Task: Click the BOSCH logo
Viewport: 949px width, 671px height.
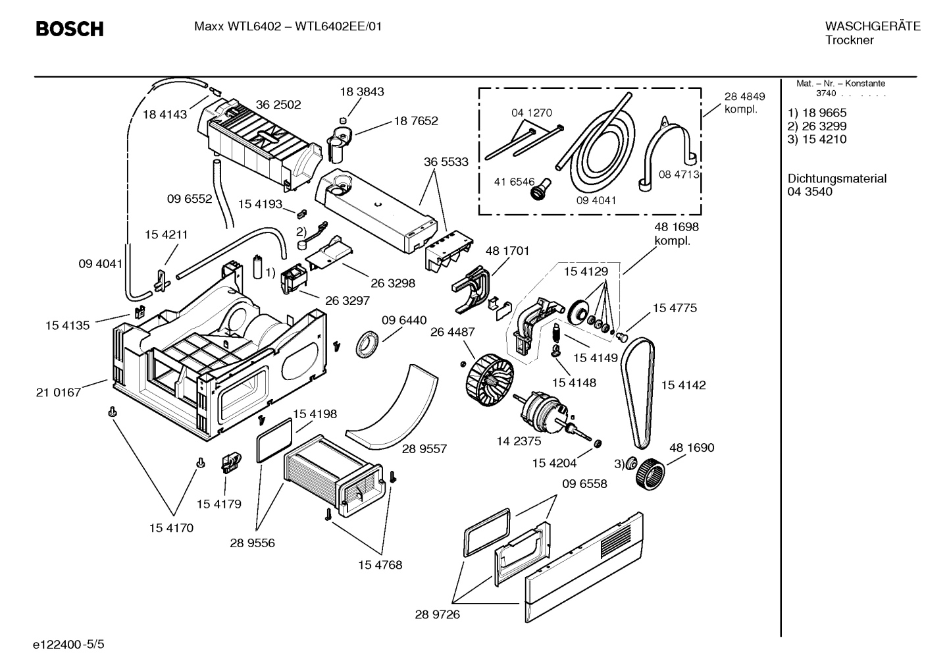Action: pyautogui.click(x=69, y=29)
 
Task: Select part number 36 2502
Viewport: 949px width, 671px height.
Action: pyautogui.click(x=278, y=105)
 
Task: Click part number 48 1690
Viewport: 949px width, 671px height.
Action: pyautogui.click(x=691, y=448)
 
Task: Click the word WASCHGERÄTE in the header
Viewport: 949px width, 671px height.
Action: pyautogui.click(x=873, y=27)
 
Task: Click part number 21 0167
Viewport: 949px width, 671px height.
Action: pyautogui.click(x=59, y=392)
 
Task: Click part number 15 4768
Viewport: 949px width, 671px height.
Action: pyautogui.click(x=380, y=565)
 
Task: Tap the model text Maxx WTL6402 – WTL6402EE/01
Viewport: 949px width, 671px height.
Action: pyautogui.click(x=288, y=27)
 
